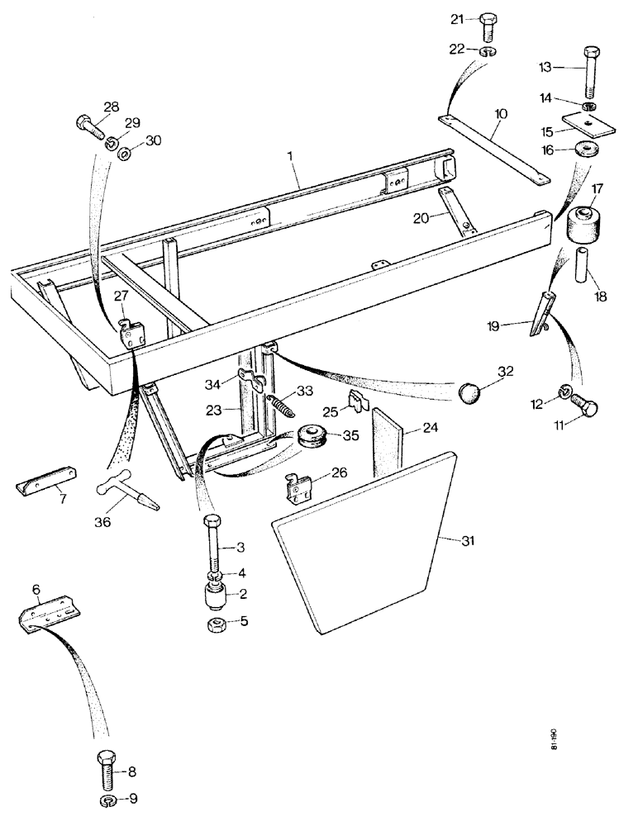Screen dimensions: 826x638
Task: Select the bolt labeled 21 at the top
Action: pos(486,27)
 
